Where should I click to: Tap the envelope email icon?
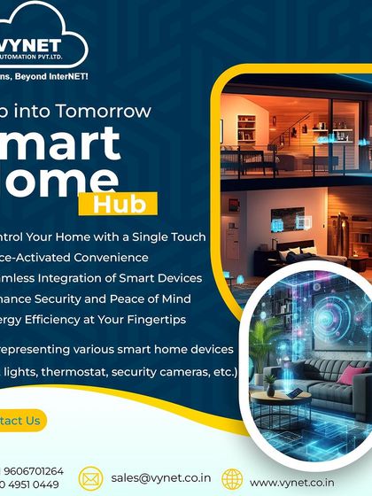[91, 479]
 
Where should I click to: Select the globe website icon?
[232, 479]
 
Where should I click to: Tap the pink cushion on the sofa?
[353, 376]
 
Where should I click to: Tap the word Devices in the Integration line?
[172, 277]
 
